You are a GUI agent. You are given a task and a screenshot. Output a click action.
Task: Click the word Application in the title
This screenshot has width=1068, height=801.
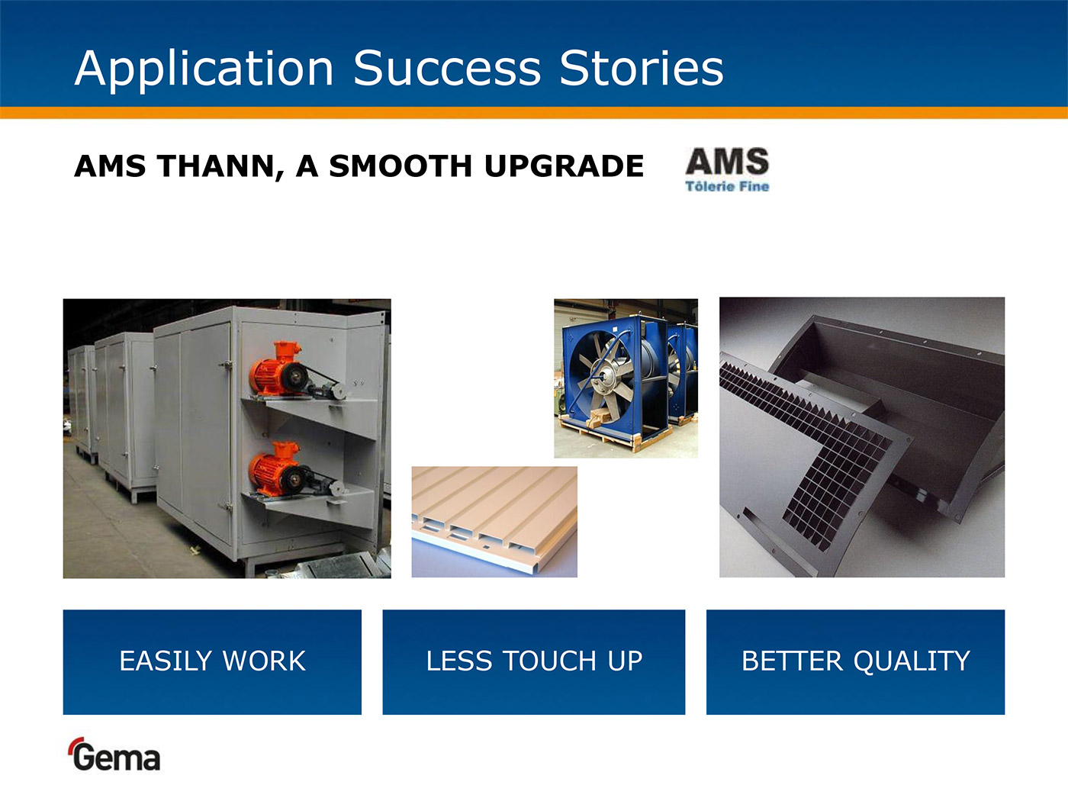click(x=204, y=69)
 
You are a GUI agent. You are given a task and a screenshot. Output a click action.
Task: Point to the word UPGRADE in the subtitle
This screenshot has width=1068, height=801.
click(x=564, y=166)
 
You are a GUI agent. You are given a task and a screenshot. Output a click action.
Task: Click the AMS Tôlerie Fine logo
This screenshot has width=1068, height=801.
click(x=727, y=169)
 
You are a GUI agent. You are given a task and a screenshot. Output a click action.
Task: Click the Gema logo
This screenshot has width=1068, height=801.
click(x=114, y=754)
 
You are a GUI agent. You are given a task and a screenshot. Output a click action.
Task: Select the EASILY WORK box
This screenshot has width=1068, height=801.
click(x=212, y=662)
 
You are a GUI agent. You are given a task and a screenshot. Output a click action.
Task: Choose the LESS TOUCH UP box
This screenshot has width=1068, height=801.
click(x=534, y=662)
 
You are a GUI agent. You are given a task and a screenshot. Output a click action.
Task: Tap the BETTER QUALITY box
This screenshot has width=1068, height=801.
click(x=855, y=662)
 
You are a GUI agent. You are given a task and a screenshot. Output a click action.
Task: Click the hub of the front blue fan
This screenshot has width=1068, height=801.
click(x=605, y=376)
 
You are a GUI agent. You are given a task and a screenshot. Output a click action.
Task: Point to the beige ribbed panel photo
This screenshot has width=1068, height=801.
click(x=494, y=522)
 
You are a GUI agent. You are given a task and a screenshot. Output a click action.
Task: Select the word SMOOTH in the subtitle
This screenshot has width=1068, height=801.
click(x=400, y=166)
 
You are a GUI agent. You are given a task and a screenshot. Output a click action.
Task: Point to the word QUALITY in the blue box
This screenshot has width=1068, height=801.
click(x=912, y=661)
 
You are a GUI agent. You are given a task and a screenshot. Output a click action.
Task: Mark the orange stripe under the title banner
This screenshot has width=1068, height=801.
click(x=534, y=112)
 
